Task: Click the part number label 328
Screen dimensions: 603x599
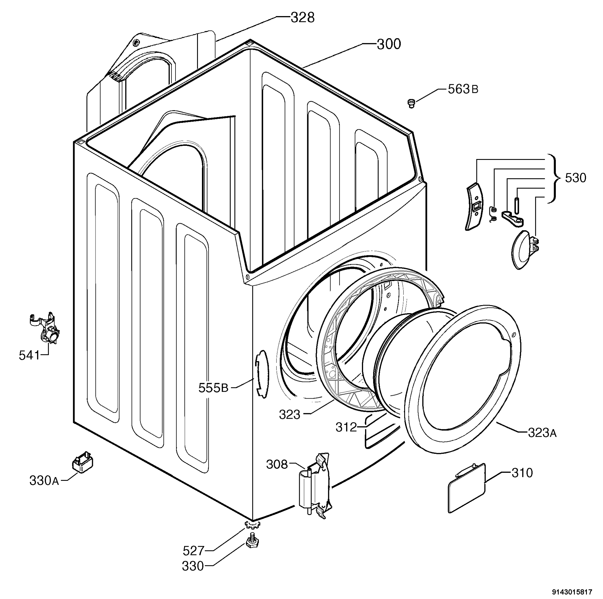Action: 302,18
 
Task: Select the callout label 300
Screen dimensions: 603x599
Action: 389,44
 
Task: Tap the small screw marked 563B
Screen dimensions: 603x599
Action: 411,103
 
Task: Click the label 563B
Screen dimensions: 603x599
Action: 463,89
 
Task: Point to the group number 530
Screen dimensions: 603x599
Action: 576,178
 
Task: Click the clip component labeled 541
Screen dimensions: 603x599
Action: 45,328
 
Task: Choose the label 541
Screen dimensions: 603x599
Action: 30,355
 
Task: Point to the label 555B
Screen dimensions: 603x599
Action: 213,388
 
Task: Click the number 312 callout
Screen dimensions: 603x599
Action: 346,427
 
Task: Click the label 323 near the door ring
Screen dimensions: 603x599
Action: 290,415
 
